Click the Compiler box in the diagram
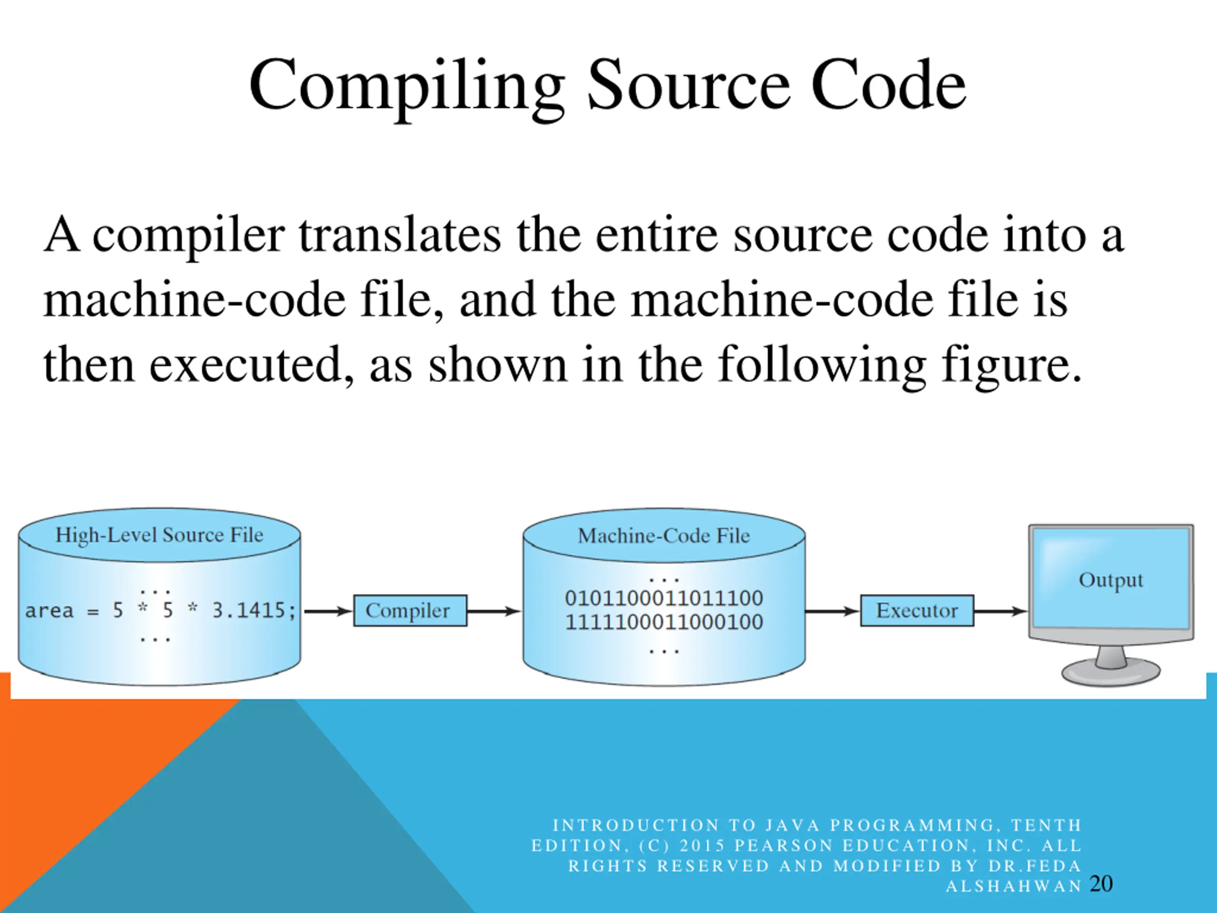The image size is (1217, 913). pyautogui.click(x=410, y=610)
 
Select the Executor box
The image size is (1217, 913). pyautogui.click(x=917, y=610)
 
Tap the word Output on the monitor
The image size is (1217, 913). pyautogui.click(x=1111, y=580)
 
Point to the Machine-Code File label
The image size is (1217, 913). pyautogui.click(x=664, y=535)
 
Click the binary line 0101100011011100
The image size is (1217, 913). pyautogui.click(x=664, y=598)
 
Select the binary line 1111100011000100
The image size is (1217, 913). pyautogui.click(x=664, y=622)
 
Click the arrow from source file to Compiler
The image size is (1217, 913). pyautogui.click(x=328, y=611)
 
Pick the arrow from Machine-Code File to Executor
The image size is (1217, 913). pyautogui.click(x=832, y=611)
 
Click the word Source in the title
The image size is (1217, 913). pyautogui.click(x=689, y=86)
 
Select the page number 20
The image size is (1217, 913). pyautogui.click(x=1101, y=884)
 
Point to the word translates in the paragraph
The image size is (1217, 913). pyautogui.click(x=400, y=235)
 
